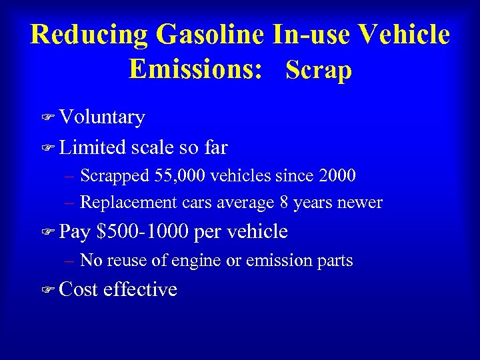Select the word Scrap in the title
pyautogui.click(x=318, y=69)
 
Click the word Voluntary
pyautogui.click(x=102, y=117)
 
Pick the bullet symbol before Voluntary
pyautogui.click(x=47, y=118)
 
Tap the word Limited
pyautogui.click(x=93, y=147)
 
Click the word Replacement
pyautogui.click(x=127, y=203)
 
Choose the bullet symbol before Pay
pyautogui.click(x=47, y=233)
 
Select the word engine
pyautogui.click(x=195, y=261)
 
